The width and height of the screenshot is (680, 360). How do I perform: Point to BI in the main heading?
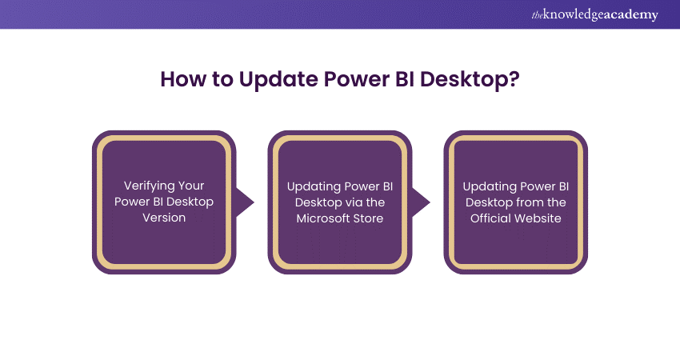[x=392, y=80]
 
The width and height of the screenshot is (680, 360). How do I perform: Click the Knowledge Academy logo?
[x=597, y=14]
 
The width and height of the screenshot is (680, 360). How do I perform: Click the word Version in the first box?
[x=164, y=217]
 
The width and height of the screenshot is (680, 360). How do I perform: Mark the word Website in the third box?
[x=537, y=217]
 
